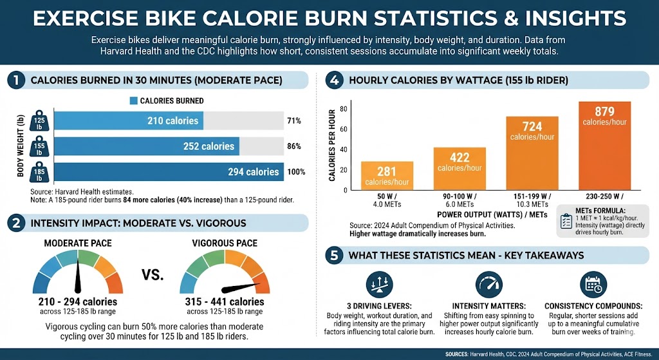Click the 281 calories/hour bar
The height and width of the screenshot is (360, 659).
click(387, 176)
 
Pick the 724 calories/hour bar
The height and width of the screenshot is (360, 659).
click(532, 153)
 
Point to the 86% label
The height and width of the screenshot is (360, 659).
click(294, 146)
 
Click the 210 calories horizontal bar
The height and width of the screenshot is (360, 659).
click(129, 121)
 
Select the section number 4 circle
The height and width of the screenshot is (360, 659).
click(333, 81)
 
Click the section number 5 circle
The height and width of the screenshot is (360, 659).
click(333, 256)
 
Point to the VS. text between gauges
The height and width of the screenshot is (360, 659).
click(153, 276)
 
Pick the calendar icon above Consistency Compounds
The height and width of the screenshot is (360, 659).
click(591, 284)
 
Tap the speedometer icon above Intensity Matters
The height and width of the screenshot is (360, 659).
click(488, 284)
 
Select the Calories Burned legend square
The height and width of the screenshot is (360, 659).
click(134, 100)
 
